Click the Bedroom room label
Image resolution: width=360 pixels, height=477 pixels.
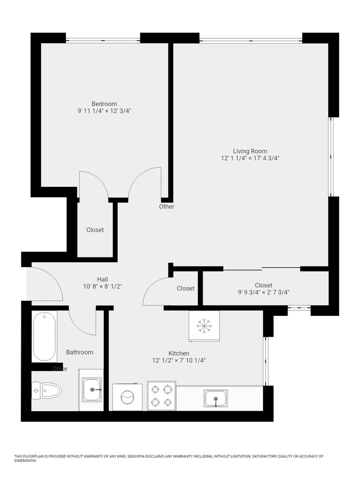pos(104,104)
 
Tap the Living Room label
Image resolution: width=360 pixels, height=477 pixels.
pos(250,151)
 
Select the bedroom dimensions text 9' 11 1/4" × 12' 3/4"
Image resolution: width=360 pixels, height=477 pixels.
pos(104,111)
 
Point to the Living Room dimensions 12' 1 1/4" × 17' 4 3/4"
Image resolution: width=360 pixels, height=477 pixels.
pos(250,158)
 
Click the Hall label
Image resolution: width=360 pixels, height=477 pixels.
pos(102,279)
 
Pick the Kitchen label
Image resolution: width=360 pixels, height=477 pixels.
pos(179,353)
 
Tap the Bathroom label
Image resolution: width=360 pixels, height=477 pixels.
pos(80,352)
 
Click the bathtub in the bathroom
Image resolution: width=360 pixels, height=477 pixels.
pos(45,337)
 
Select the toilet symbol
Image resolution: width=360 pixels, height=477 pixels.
pos(47,390)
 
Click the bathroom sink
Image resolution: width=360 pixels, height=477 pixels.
pos(91,390)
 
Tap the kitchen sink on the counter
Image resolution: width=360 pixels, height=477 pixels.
pos(216,398)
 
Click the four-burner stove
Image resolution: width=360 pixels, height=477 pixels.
pos(161,396)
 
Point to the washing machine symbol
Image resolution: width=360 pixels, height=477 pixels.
pos(127,397)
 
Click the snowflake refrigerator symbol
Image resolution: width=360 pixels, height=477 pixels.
pos(204,326)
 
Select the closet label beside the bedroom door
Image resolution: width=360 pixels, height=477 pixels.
pos(95,230)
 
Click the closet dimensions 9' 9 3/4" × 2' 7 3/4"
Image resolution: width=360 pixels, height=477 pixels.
pos(264,293)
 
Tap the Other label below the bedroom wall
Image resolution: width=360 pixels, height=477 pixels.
pos(167,207)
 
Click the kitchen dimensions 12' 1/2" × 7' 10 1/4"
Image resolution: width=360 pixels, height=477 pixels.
pos(179,360)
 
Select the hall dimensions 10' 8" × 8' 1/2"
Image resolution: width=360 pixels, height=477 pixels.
pos(102,287)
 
